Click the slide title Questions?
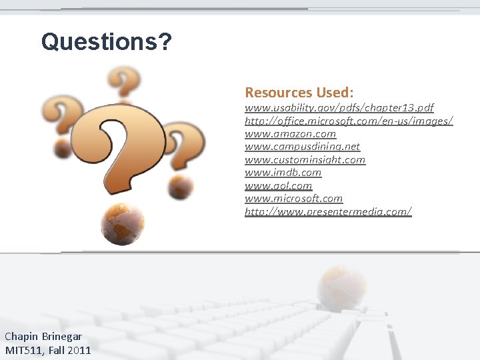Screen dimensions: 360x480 click(106, 42)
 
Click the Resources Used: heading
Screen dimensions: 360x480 click(299, 92)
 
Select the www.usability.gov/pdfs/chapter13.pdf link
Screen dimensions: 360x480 click(339, 107)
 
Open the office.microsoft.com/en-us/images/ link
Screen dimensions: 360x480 click(349, 121)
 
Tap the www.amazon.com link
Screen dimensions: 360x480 click(290, 133)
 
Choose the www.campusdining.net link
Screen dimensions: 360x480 click(302, 147)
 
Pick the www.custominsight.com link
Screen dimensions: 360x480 click(305, 159)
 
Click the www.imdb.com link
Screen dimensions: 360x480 click(283, 173)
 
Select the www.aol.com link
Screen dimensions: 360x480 click(278, 185)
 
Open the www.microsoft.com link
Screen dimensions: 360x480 click(293, 199)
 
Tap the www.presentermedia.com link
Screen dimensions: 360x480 click(328, 211)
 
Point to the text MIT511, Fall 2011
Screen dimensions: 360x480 click(48, 350)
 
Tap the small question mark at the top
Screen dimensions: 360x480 click(124, 83)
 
